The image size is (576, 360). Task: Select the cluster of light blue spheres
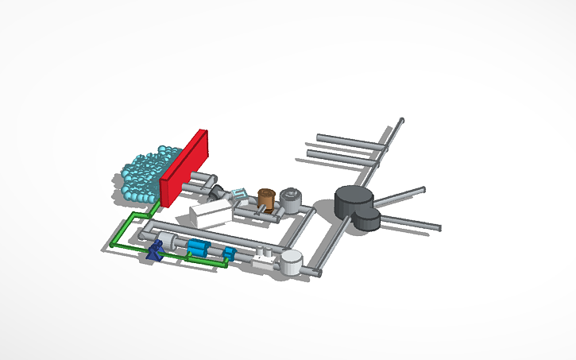point(144,174)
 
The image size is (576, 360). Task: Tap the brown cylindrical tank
point(266,199)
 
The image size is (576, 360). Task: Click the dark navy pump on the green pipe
point(157,250)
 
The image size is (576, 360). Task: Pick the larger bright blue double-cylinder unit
point(198,248)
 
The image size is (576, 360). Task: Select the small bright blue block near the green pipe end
point(230,254)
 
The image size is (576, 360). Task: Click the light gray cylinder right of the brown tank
point(292,199)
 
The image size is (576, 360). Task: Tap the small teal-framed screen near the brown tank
point(240,194)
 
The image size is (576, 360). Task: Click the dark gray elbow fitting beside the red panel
point(217,192)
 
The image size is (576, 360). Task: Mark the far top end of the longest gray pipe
point(401,121)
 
